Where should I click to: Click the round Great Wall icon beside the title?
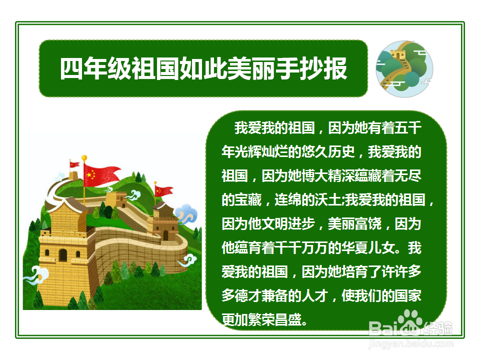404,69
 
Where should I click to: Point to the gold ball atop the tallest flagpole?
84,157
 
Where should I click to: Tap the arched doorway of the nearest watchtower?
62,255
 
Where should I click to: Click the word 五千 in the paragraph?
408,128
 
